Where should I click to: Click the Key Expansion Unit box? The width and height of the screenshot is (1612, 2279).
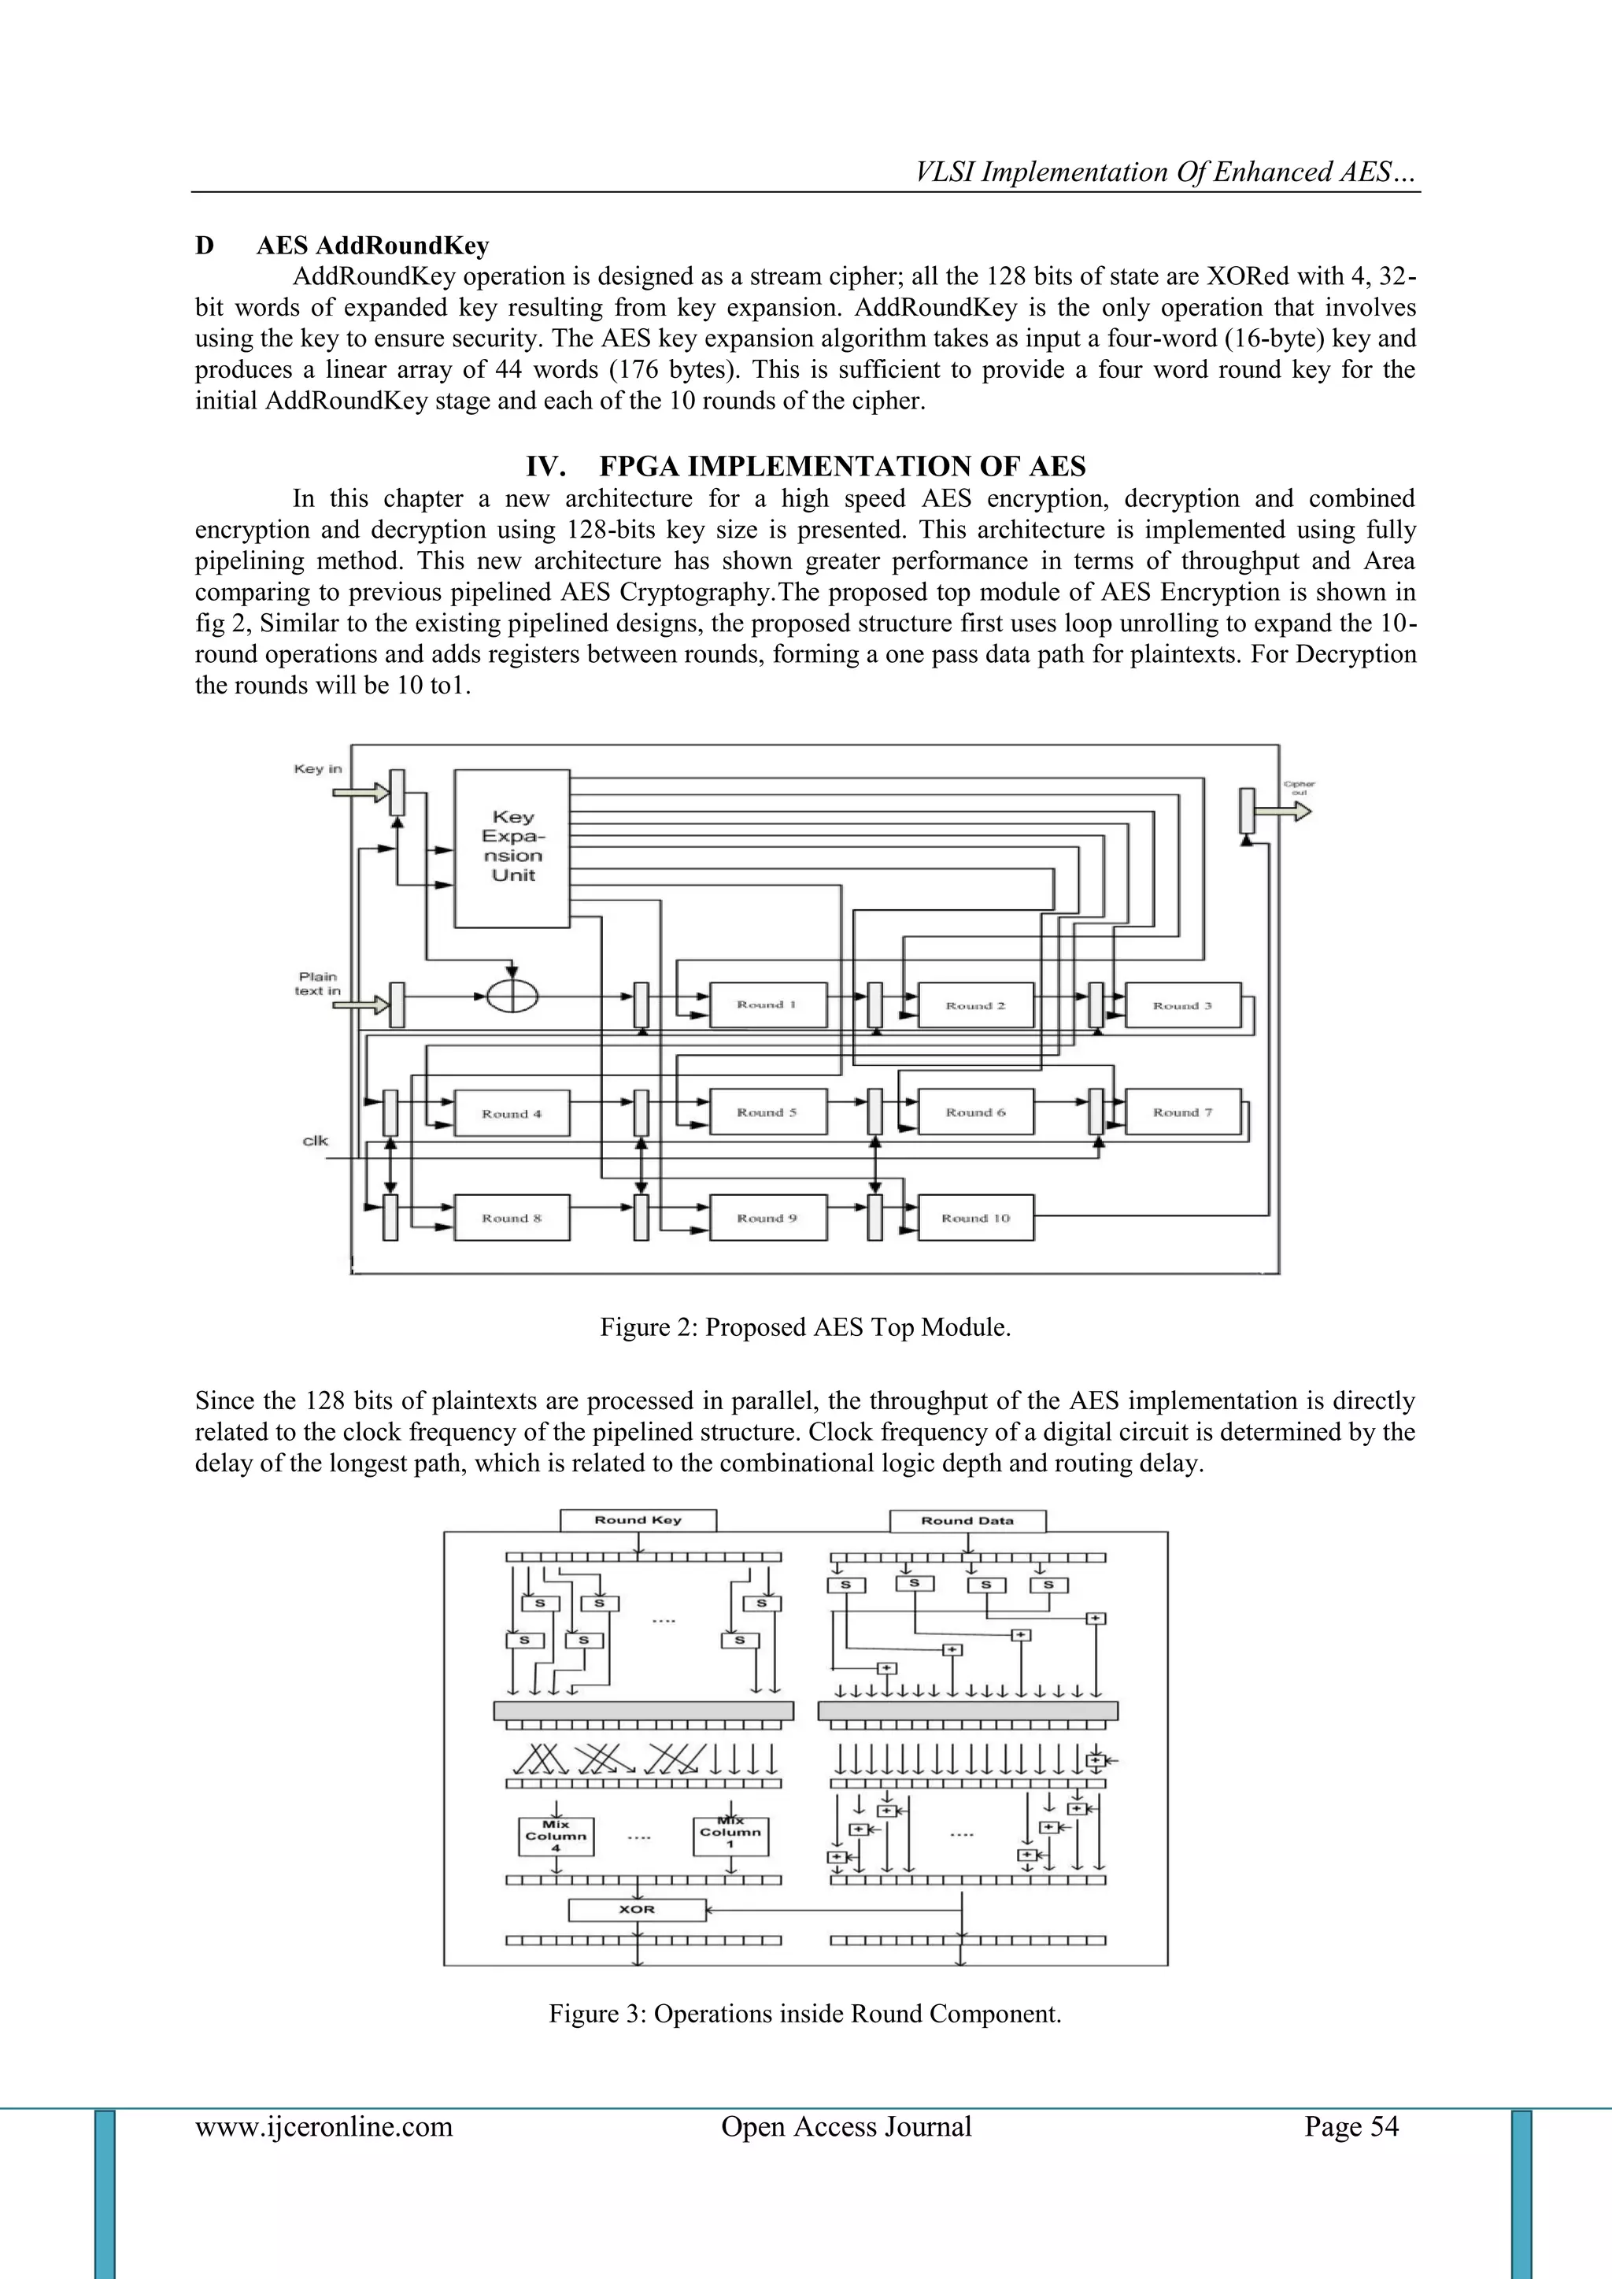coord(512,848)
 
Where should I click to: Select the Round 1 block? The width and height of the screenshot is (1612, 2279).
coord(767,1004)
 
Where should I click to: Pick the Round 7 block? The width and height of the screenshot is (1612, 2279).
coord(1182,1112)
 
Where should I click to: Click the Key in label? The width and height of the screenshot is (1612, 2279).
coord(318,769)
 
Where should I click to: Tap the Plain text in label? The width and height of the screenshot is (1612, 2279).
coord(318,984)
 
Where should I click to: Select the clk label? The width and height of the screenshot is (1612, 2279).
coord(316,1141)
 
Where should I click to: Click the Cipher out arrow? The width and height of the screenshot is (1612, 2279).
coord(1294,811)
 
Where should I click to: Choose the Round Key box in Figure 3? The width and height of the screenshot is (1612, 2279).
coord(638,1519)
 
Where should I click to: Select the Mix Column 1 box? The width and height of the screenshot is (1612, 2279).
coord(730,1834)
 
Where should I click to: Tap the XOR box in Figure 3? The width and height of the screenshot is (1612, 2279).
coord(636,1909)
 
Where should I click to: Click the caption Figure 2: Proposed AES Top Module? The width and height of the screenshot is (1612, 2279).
coord(805,1327)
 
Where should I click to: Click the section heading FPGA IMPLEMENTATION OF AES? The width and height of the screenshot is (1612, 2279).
coord(805,467)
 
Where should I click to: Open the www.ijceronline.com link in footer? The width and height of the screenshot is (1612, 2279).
coord(324,2126)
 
